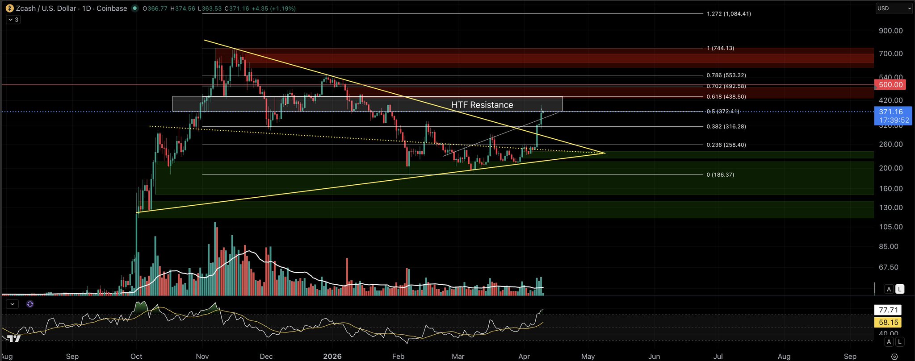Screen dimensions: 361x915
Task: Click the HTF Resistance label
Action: click(x=482, y=105)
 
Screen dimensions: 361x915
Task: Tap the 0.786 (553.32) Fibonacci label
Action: click(x=726, y=75)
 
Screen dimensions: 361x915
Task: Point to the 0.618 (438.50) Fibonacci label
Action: click(x=726, y=97)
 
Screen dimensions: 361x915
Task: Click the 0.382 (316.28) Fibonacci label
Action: click(x=726, y=127)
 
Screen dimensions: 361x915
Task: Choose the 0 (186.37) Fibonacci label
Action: click(x=720, y=175)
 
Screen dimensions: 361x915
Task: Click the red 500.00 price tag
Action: click(x=890, y=85)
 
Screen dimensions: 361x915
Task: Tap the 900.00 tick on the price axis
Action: click(x=890, y=31)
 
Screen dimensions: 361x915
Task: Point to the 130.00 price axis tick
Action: click(x=890, y=207)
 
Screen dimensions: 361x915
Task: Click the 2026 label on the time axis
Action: click(x=332, y=356)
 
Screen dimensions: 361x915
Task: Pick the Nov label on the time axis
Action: click(x=202, y=356)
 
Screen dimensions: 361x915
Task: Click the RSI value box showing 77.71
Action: click(x=888, y=310)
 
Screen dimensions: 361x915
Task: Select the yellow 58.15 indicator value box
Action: click(x=888, y=322)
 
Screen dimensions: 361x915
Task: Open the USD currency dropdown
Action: click(x=893, y=8)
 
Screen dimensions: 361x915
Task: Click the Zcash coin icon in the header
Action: click(x=9, y=8)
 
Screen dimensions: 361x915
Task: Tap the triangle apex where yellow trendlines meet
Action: click(x=604, y=153)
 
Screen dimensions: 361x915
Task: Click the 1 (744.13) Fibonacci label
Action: click(x=720, y=48)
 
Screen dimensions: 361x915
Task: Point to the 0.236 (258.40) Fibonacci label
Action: click(x=726, y=145)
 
